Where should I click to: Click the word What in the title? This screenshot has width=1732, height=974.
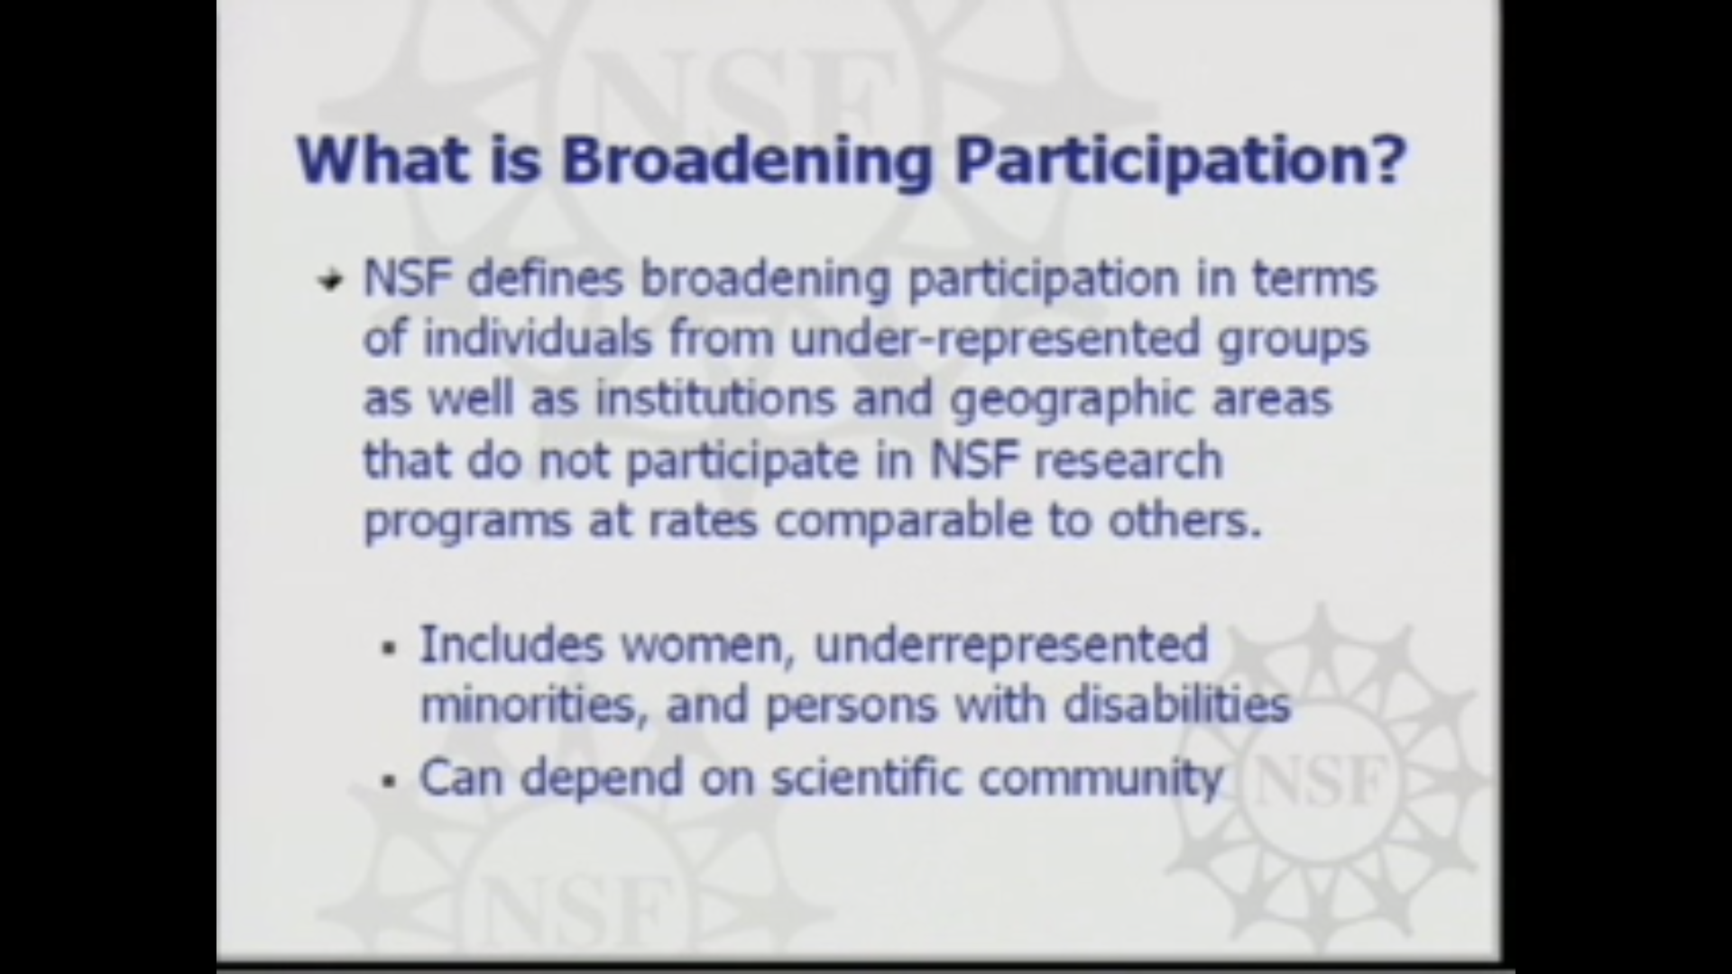[x=382, y=160]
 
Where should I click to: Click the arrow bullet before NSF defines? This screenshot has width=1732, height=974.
[x=331, y=281]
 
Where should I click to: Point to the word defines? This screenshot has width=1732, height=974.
[x=545, y=278]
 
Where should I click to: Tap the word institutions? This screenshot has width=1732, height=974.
[x=714, y=399]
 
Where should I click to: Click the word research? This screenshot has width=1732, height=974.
[x=1128, y=460]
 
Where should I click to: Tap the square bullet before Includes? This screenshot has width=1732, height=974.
[x=390, y=648]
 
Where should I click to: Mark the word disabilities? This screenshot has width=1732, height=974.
[x=1176, y=704]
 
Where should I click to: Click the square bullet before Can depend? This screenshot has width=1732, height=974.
[x=390, y=781]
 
